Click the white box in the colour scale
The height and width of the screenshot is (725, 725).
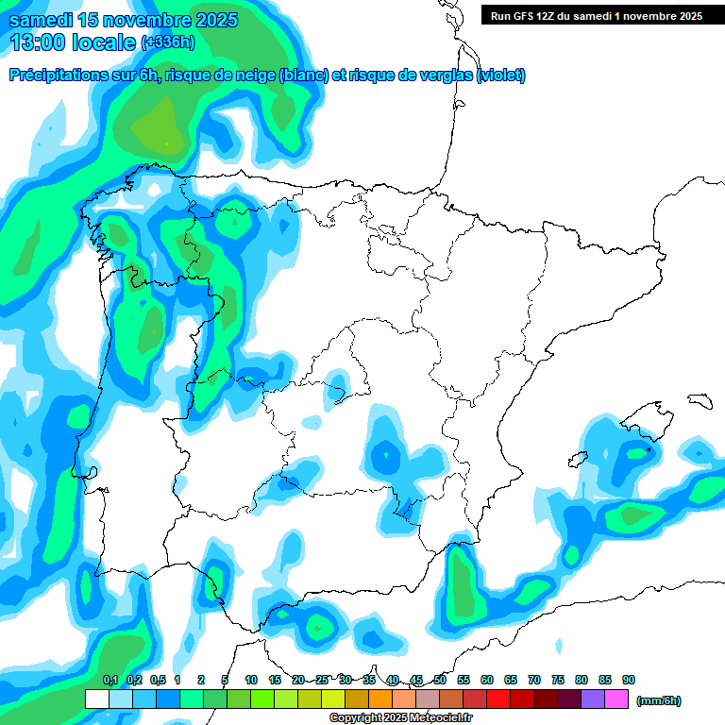pos(96,700)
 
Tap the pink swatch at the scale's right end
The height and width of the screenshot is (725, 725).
pos(616,700)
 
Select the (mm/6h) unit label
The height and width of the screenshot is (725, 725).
pos(659,700)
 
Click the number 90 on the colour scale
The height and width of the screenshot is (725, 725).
pos(629,680)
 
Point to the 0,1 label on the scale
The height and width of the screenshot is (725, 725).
pos(110,680)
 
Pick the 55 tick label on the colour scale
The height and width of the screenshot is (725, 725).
pos(464,680)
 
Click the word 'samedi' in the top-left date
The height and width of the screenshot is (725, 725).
pos(41,20)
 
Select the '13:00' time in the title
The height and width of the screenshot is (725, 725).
pos(39,42)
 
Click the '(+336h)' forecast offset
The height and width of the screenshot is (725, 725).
pos(167,42)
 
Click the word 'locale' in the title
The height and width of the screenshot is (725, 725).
pos(105,42)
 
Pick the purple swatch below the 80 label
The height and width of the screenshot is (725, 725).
pos(593,700)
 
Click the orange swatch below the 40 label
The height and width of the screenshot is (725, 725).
pos(380,700)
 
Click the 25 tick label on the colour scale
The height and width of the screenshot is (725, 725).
pos(322,680)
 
